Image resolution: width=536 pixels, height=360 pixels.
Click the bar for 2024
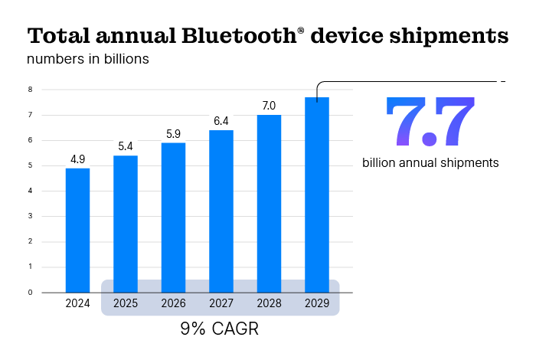tap(77, 230)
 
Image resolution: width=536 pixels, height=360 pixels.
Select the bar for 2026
tap(173, 218)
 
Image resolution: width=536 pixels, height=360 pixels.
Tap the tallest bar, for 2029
tap(317, 195)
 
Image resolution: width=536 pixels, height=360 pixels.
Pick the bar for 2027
tap(221, 211)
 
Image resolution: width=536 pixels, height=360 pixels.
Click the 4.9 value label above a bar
tap(77, 159)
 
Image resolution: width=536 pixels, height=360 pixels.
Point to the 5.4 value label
tap(126, 146)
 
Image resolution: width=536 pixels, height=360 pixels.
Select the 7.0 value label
tap(269, 106)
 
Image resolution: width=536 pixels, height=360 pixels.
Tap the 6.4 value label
tap(221, 121)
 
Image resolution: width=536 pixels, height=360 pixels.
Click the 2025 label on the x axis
tap(126, 303)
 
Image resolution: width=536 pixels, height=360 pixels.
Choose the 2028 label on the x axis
tap(269, 303)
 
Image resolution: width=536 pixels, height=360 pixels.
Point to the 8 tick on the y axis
tap(30, 90)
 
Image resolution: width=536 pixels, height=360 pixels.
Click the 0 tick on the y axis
tap(30, 292)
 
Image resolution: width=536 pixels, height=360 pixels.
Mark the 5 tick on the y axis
tap(30, 165)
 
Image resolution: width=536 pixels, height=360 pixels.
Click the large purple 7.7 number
tap(430, 121)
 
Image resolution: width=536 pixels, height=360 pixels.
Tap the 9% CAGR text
tap(220, 330)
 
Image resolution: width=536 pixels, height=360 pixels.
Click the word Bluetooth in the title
tap(235, 35)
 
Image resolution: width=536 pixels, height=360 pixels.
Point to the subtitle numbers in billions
tap(88, 59)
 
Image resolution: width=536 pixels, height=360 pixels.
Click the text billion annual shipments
tap(430, 162)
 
